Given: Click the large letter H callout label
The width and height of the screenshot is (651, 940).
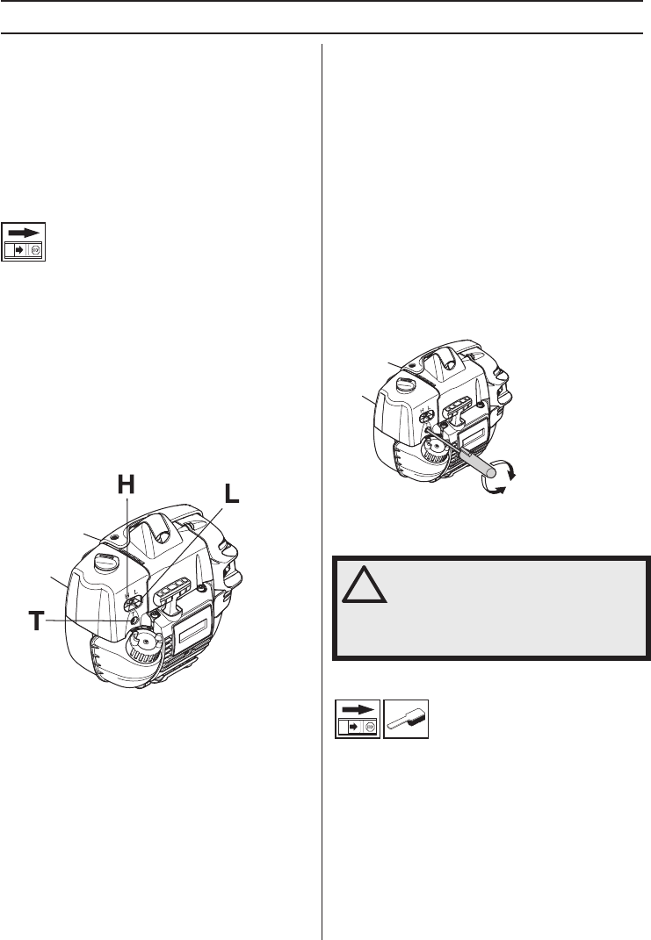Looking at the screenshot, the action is (126, 484).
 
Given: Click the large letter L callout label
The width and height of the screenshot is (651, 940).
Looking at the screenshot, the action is (231, 494).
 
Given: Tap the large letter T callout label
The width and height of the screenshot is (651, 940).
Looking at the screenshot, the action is (37, 621).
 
